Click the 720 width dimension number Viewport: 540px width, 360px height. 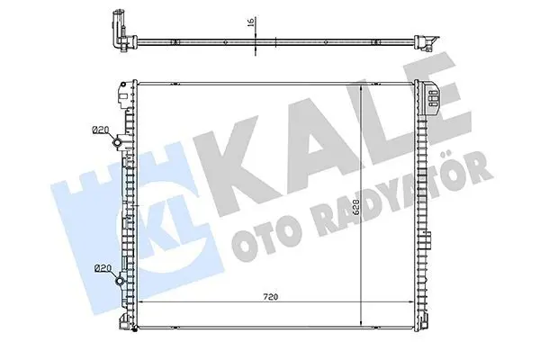[270, 297]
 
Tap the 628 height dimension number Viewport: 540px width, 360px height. [356, 207]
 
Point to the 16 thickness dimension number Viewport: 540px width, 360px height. [251, 22]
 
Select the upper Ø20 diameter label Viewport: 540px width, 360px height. [101, 130]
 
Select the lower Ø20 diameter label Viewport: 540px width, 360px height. [103, 267]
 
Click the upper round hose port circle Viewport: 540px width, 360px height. [118, 142]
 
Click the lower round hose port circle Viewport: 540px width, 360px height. [120, 281]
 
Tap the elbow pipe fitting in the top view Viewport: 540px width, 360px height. [119, 31]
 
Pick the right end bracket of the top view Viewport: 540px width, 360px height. [427, 42]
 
